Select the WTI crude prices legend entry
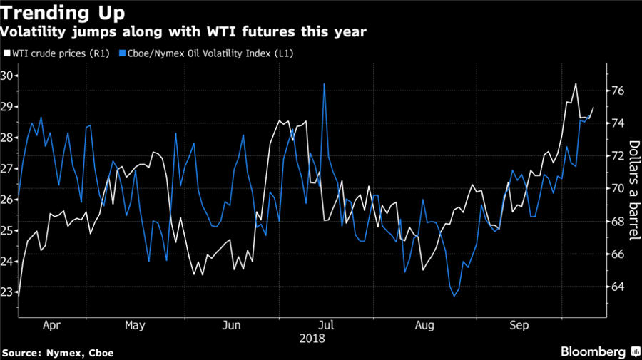(57, 53)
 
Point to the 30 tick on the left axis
(10, 76)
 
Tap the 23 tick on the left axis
(10, 292)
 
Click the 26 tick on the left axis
(10, 200)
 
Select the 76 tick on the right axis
(618, 91)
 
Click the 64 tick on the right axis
(618, 287)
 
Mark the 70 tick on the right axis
(618, 189)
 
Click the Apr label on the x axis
(52, 325)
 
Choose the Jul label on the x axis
(326, 325)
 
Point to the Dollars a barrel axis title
(632, 185)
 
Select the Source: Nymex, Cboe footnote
(58, 352)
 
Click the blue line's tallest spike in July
(325, 84)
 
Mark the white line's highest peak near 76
(576, 84)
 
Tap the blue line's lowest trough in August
(454, 296)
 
